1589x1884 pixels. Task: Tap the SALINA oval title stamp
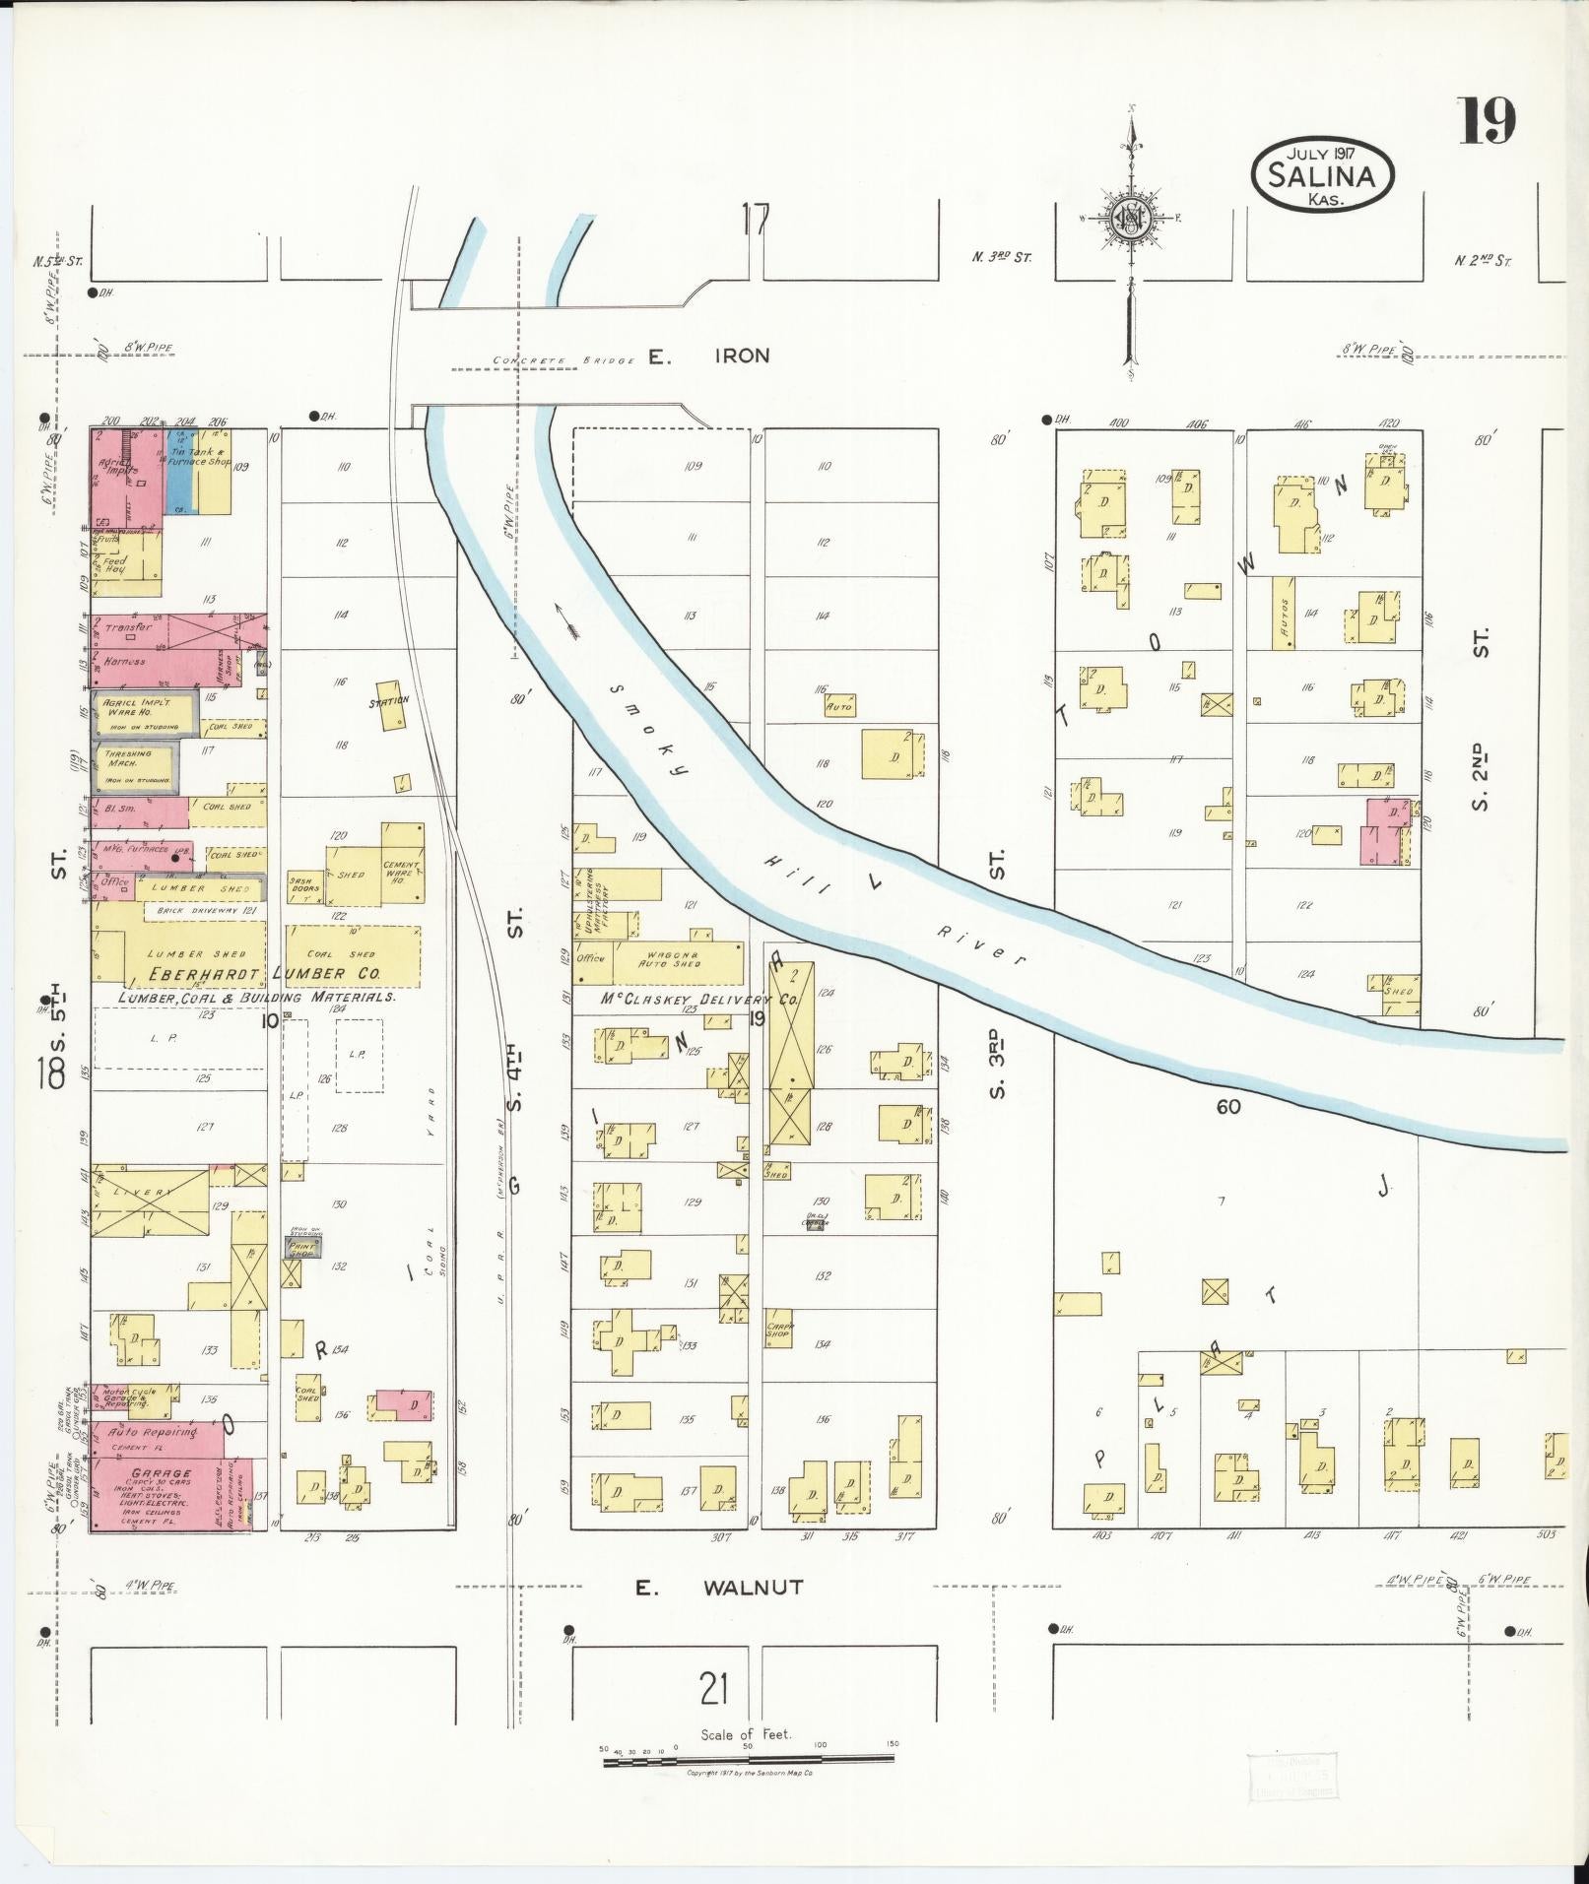coord(1322,176)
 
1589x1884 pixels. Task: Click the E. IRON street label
coord(708,357)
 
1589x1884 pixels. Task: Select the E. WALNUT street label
coord(718,1588)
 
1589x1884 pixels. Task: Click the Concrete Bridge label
coord(563,361)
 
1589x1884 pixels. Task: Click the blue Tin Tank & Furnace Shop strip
coord(179,471)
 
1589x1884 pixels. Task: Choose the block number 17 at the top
coord(756,219)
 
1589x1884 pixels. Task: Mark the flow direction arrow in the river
coord(567,620)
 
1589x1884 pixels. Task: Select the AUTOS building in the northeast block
coord(1283,613)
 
